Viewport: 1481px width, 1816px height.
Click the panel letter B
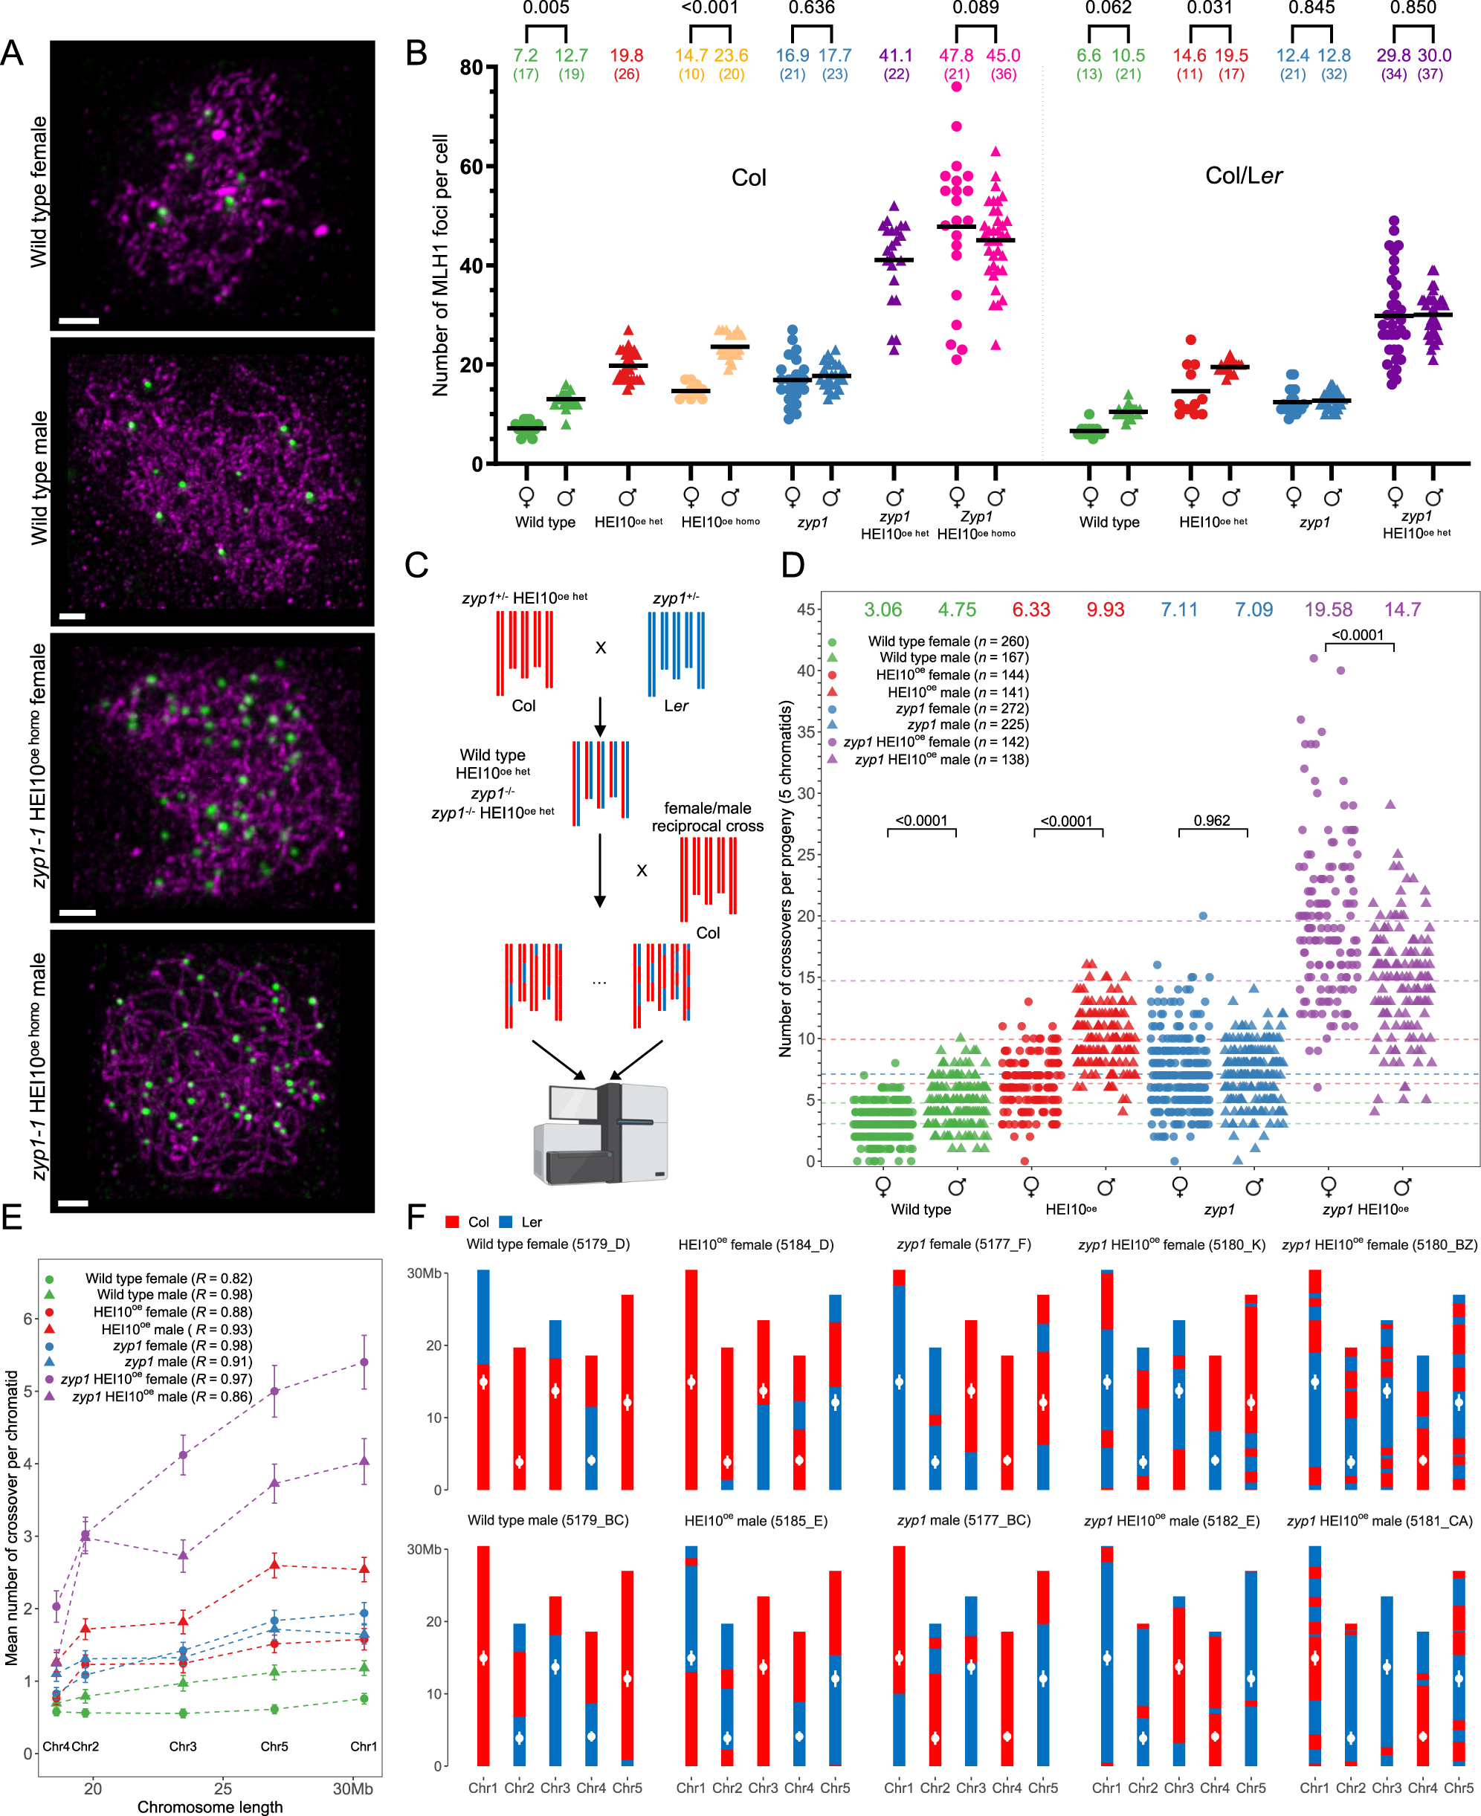tap(416, 53)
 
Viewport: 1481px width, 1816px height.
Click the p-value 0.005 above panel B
tap(545, 8)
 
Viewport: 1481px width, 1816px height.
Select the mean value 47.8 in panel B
tap(955, 56)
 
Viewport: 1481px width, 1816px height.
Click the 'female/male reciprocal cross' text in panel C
tap(707, 816)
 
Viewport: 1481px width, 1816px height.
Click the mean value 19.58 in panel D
tap(1327, 609)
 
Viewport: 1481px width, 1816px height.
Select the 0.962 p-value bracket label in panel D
tap(1211, 821)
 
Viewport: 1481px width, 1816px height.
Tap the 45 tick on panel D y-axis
tap(805, 609)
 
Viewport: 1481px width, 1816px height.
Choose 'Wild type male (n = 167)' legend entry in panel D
tap(954, 657)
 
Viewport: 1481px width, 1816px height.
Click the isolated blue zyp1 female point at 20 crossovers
tap(1203, 915)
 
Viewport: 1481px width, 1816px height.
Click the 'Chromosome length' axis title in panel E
tap(210, 1806)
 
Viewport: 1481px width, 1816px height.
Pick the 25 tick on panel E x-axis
tap(222, 1788)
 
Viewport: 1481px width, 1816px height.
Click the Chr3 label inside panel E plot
tap(183, 1746)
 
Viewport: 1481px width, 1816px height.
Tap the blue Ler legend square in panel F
tap(506, 1221)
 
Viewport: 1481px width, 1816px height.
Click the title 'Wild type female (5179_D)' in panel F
tap(548, 1244)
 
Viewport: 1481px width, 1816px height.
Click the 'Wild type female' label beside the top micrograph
tap(39, 193)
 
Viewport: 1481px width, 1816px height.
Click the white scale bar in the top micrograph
tap(79, 320)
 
